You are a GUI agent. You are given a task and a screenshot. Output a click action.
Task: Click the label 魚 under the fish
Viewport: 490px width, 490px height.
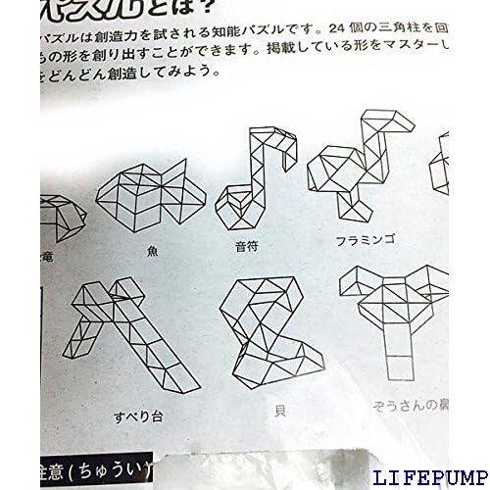click(x=152, y=250)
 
